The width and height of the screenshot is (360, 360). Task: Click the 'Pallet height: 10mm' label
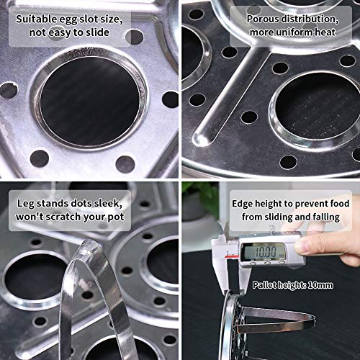coord(292,285)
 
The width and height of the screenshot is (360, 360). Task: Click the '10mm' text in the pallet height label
coord(320,285)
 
